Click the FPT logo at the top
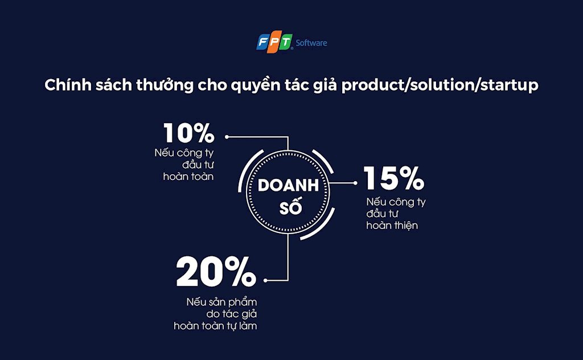click(x=274, y=42)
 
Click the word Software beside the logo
click(x=311, y=43)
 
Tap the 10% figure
click(x=189, y=133)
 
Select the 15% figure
click(x=394, y=178)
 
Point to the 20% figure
click(x=216, y=271)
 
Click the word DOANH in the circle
click(x=288, y=185)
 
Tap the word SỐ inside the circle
click(x=290, y=207)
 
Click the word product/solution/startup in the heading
click(x=440, y=85)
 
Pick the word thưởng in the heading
click(x=165, y=85)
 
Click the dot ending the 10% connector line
click(x=227, y=137)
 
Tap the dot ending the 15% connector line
click(x=355, y=183)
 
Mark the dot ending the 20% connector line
click(x=265, y=280)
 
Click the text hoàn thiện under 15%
click(x=392, y=226)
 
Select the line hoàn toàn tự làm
click(x=215, y=326)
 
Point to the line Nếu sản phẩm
click(x=221, y=301)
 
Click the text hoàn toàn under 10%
click(x=188, y=176)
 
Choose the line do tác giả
click(x=232, y=314)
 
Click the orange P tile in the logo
click(x=274, y=43)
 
